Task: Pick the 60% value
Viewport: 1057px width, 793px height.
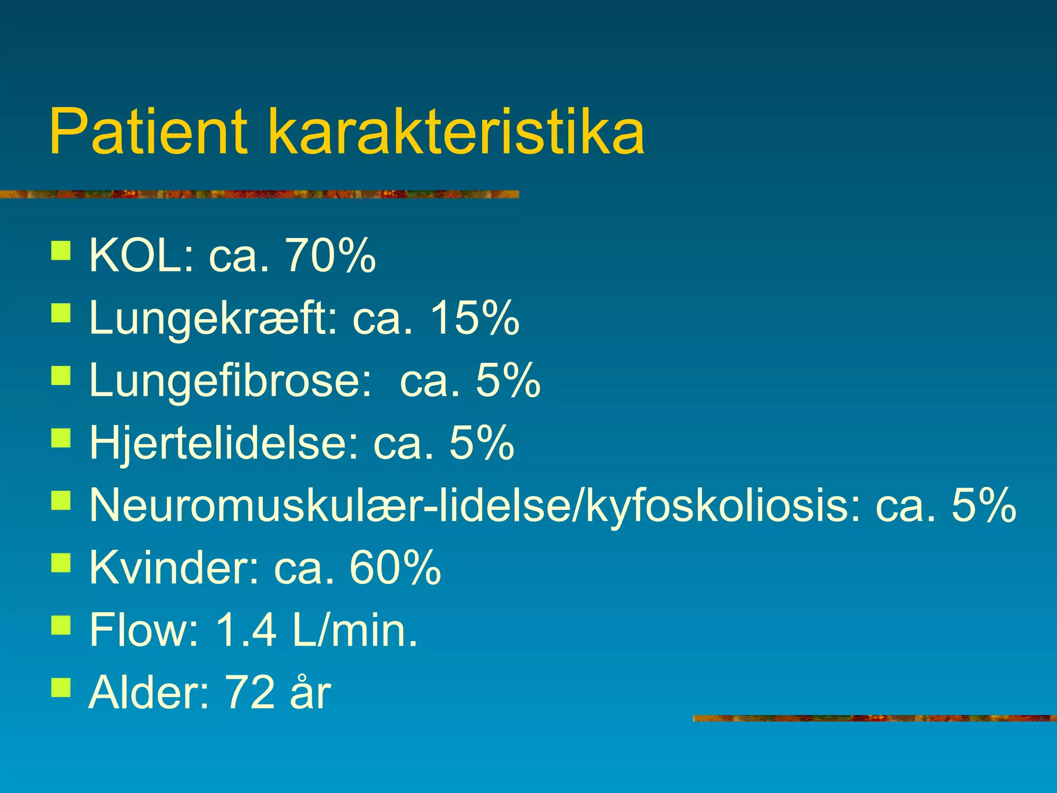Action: [x=395, y=568]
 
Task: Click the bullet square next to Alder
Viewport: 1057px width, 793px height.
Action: [x=61, y=687]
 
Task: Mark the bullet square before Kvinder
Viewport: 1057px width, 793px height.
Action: [x=61, y=563]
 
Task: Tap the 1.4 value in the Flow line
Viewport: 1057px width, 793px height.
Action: [x=246, y=630]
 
